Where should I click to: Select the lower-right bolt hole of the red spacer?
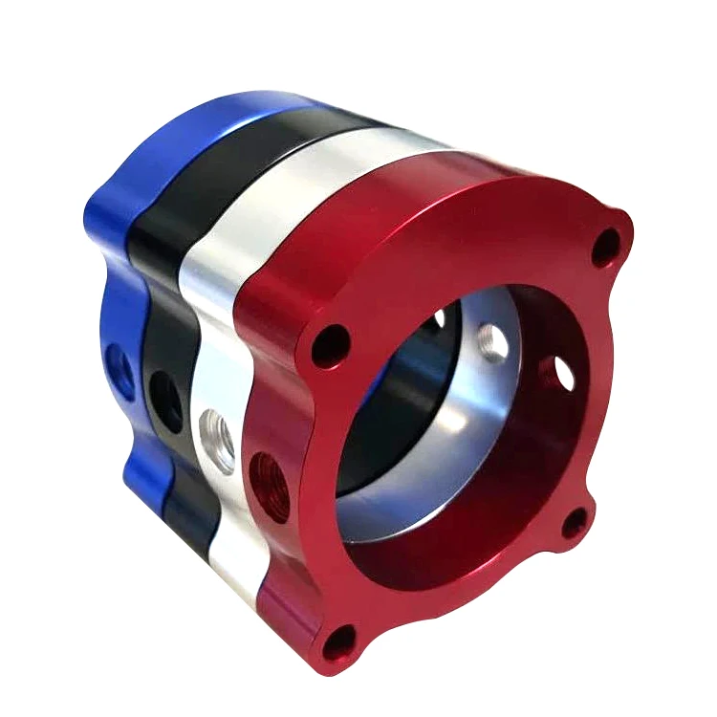tap(574, 523)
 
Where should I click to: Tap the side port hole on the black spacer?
tap(163, 398)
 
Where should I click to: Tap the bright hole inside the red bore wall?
tap(556, 374)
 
